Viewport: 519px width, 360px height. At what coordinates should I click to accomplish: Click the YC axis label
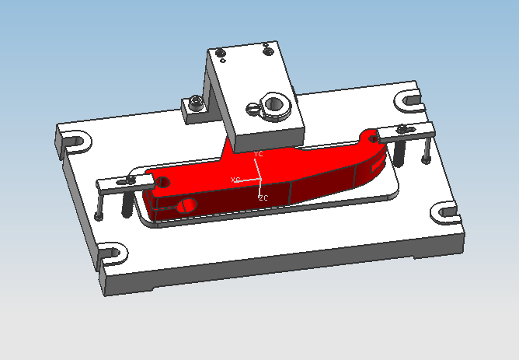click(x=259, y=154)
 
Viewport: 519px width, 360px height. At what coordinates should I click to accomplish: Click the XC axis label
click(x=235, y=180)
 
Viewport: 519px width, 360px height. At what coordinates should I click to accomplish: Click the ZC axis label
click(x=263, y=198)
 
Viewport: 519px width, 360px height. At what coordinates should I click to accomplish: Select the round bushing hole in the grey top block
click(x=275, y=103)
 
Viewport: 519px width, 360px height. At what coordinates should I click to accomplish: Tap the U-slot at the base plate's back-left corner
click(x=75, y=142)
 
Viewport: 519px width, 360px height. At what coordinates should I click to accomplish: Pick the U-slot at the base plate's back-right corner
click(x=409, y=99)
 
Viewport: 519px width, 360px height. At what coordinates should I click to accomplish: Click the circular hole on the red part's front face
click(x=186, y=206)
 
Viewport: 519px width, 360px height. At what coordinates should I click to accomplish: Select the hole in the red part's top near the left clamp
click(x=163, y=182)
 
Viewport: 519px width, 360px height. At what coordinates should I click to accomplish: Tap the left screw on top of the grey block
click(x=221, y=53)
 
